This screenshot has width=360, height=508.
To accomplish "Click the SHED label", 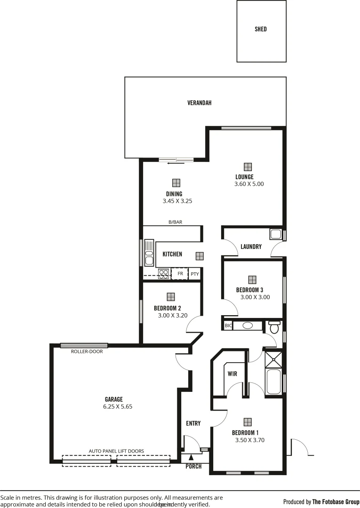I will point(261,29).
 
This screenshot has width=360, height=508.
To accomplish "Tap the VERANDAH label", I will point(199,103).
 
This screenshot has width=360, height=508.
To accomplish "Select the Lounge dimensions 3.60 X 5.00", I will point(249,184).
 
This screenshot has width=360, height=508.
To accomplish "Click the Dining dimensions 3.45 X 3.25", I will point(174,201).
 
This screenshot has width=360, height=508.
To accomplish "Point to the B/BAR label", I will point(175,222).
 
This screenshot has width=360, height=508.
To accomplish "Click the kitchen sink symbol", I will point(149,253).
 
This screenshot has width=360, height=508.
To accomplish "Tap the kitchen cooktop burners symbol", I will point(163,273).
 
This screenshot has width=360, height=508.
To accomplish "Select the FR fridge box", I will point(180,273).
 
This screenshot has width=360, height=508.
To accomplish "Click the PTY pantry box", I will point(194,274).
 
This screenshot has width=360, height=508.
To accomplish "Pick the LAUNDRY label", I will point(251,246).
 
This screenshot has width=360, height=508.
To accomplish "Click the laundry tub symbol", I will point(275,234).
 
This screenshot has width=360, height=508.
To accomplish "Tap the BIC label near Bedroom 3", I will point(228,325).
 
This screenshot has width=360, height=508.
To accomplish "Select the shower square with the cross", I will point(273,360).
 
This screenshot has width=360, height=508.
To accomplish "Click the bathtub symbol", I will point(273,382).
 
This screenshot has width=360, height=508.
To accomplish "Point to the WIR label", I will point(232,374).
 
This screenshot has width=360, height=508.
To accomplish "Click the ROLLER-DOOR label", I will point(84,351).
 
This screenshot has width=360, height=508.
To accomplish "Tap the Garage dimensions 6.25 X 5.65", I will point(118,407).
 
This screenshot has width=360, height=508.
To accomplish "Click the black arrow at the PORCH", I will point(191,457).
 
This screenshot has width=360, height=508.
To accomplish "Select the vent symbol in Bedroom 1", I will point(248,422).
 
